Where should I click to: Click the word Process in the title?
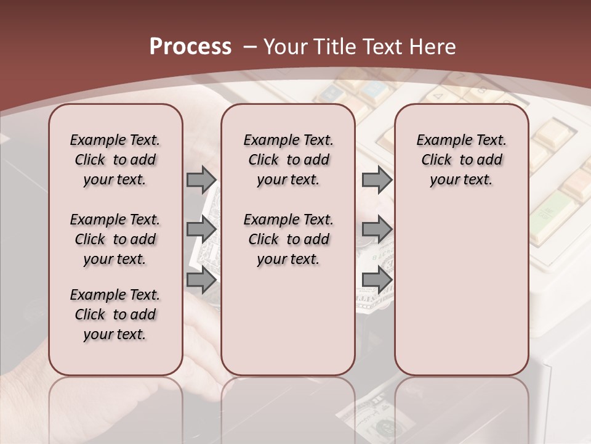[x=190, y=46]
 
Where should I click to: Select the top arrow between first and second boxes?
[x=201, y=179]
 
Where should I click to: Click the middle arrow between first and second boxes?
[x=201, y=230]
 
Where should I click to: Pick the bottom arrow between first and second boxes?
[x=201, y=280]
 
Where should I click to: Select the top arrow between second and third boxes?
[x=377, y=179]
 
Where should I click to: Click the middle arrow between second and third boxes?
[x=377, y=230]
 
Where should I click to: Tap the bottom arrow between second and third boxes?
[x=377, y=280]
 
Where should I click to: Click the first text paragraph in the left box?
[x=115, y=160]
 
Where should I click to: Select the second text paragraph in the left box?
[x=115, y=239]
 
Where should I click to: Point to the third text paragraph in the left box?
[x=115, y=314]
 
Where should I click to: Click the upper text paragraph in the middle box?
[x=288, y=160]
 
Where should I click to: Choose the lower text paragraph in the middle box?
[x=288, y=239]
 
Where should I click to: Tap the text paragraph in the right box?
[x=461, y=160]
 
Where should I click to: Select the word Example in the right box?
[x=441, y=141]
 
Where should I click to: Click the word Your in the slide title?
[x=284, y=46]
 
